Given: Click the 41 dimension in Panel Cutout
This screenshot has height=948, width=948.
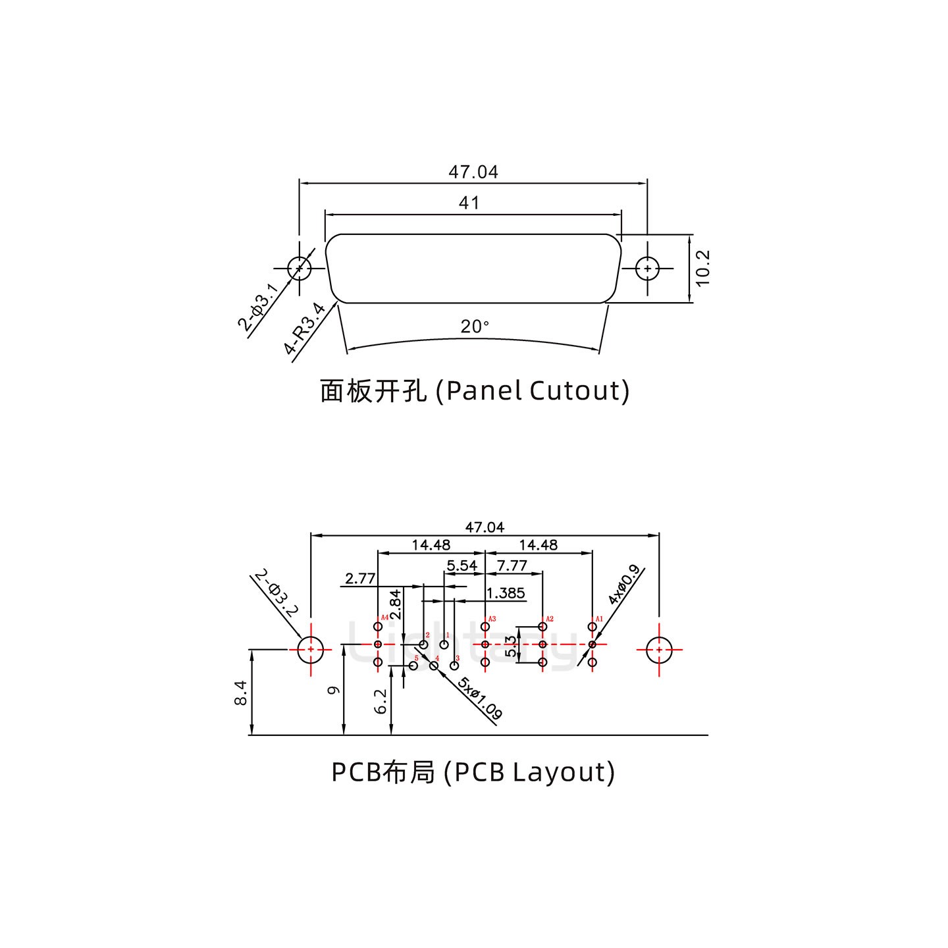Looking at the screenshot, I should tap(469, 203).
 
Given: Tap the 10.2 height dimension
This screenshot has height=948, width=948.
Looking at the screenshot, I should tap(702, 268).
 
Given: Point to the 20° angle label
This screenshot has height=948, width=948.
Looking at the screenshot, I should tap(474, 327).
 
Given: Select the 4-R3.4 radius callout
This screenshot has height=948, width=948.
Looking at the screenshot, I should tap(305, 329).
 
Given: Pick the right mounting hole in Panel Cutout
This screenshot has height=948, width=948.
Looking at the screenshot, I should tap(648, 269).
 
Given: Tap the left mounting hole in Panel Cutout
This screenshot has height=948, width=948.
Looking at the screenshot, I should tap(300, 269).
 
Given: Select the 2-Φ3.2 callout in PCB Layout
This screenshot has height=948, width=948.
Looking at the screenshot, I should tap(276, 592).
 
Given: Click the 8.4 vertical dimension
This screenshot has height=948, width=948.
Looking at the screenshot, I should tap(240, 693).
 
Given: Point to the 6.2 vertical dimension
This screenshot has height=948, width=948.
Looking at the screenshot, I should tap(381, 702).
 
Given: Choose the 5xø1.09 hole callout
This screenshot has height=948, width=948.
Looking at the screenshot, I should tap(481, 698).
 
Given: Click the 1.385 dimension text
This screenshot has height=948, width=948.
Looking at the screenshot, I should tap(506, 593).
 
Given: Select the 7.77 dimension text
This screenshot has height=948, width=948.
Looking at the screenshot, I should tap(512, 566).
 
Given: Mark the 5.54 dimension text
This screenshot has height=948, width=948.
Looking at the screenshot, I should tap(461, 566).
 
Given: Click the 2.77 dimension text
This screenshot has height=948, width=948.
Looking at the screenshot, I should tap(360, 579).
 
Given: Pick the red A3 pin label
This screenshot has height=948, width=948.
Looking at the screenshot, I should tap(492, 619).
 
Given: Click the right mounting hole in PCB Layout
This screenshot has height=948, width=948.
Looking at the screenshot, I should tap(658, 650).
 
